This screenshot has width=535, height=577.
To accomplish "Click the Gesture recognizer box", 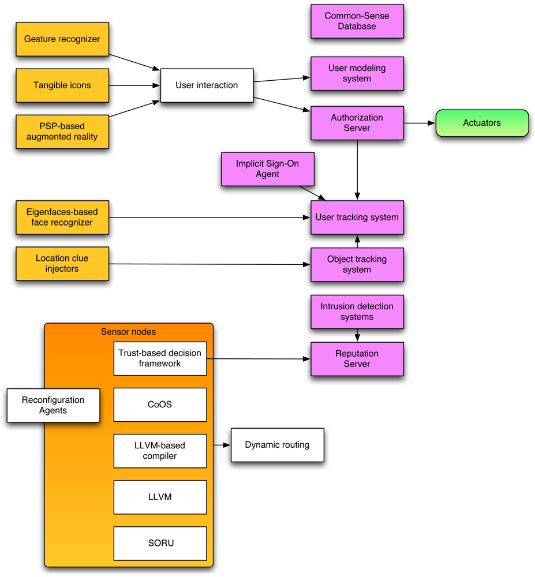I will pyautogui.click(x=62, y=39).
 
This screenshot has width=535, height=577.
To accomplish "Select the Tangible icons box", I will pyautogui.click(x=62, y=85).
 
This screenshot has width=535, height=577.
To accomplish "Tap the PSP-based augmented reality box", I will pyautogui.click(x=62, y=132).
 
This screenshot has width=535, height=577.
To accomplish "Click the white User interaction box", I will pyautogui.click(x=207, y=85).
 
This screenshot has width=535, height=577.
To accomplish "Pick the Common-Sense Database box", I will pyautogui.click(x=357, y=21).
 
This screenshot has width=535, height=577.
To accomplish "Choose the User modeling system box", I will pyautogui.click(x=357, y=73).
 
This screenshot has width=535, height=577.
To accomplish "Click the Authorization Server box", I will pyautogui.click(x=357, y=123).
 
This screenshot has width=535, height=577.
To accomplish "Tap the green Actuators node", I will pyautogui.click(x=482, y=123).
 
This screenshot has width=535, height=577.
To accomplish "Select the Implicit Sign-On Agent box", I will pyautogui.click(x=267, y=169).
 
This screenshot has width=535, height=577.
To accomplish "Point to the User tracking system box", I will pyautogui.click(x=357, y=218).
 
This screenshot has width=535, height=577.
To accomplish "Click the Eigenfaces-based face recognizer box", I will pyautogui.click(x=62, y=218).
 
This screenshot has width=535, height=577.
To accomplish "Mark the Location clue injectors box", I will pyautogui.click(x=62, y=264).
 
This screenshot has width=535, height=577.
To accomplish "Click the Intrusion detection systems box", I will pyautogui.click(x=357, y=312).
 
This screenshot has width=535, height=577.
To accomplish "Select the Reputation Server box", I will pyautogui.click(x=357, y=359).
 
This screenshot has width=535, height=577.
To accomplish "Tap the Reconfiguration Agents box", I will pyautogui.click(x=53, y=405).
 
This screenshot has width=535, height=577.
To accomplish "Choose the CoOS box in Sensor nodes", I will pyautogui.click(x=160, y=404).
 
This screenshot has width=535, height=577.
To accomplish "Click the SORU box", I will pyautogui.click(x=160, y=543).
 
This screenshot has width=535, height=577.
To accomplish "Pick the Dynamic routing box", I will pyautogui.click(x=277, y=445).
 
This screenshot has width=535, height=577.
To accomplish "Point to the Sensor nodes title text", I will pyautogui.click(x=128, y=332).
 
